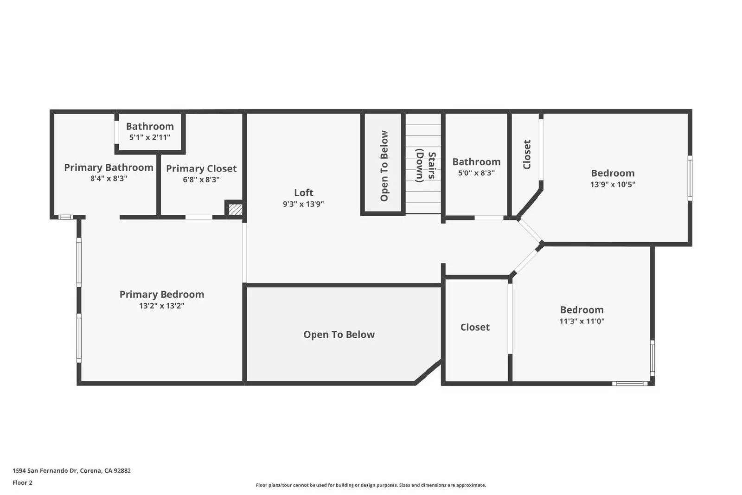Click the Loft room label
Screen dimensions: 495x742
point(303,193)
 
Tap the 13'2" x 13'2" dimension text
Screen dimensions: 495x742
point(161,306)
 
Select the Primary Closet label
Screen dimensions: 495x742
point(201,168)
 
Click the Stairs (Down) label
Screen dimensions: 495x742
point(425,166)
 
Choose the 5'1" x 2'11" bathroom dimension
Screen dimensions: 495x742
point(149,137)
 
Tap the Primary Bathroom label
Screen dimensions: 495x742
point(109,167)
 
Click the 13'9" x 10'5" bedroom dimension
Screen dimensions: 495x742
point(612,184)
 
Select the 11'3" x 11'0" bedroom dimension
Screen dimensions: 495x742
point(582,321)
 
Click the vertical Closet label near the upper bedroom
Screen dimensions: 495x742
point(527,154)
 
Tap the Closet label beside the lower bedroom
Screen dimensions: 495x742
point(475,327)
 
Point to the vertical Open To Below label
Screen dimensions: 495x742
point(384,166)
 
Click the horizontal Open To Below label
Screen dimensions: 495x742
point(339,334)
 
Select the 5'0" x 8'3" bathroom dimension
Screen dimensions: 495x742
point(476,173)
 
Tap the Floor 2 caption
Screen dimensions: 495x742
point(22,482)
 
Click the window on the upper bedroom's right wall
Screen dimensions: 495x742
point(690,178)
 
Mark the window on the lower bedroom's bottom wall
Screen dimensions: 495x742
point(630,383)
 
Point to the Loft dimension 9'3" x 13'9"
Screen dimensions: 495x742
point(303,204)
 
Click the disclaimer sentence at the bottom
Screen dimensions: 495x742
point(371,485)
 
